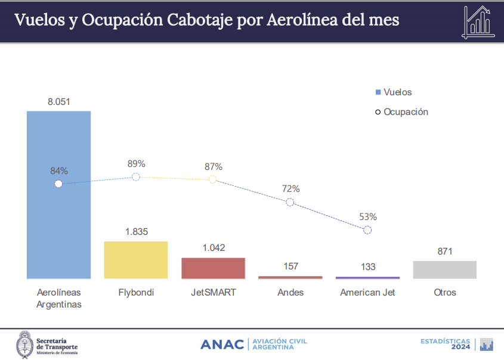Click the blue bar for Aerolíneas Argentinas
tap(58, 226)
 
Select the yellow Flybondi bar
tap(135, 260)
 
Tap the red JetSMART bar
tap(213, 268)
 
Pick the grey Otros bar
tap(444, 269)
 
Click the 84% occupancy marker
tap(58, 184)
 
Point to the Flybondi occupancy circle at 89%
tap(135, 177)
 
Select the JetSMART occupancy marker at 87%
tap(213, 179)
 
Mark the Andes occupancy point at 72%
tap(290, 202)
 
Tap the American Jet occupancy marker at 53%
tap(367, 230)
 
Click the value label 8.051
tap(59, 102)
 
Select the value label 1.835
tap(136, 232)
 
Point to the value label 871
tap(445, 252)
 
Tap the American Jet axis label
tap(367, 293)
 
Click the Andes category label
tap(290, 293)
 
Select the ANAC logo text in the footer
tap(222, 345)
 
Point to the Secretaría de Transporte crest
tap(24, 343)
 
